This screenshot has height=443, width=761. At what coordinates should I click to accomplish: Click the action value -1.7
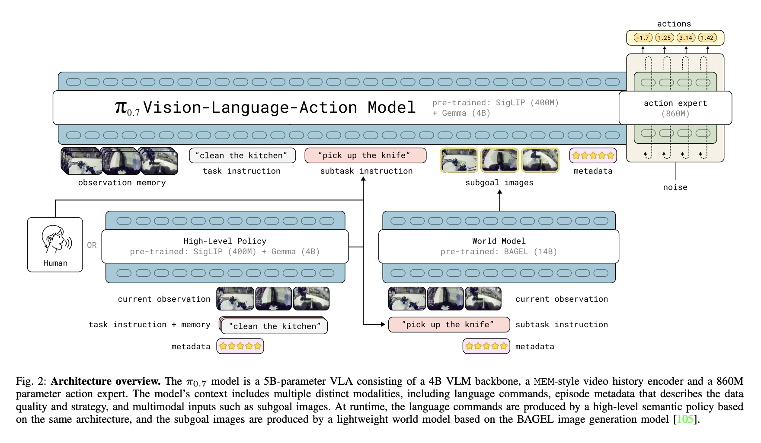click(x=643, y=38)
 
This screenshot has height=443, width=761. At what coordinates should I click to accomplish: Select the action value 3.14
click(x=686, y=38)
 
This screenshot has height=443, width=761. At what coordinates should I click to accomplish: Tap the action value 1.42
click(x=707, y=38)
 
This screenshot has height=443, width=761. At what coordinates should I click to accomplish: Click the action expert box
click(x=675, y=108)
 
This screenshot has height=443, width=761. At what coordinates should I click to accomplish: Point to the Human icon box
click(x=55, y=244)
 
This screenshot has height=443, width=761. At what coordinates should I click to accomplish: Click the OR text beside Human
click(x=92, y=245)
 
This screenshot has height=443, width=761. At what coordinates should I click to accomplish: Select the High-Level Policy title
click(x=225, y=241)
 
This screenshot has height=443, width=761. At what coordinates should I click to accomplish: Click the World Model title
click(x=499, y=241)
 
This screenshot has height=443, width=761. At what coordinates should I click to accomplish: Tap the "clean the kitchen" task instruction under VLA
click(x=242, y=155)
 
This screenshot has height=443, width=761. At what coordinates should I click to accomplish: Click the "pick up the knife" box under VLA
click(x=365, y=155)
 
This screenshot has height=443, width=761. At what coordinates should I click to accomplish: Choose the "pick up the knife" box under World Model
click(x=449, y=325)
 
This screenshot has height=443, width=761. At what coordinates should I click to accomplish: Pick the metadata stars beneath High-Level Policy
click(x=240, y=346)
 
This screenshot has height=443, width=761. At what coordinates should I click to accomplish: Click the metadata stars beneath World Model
click(x=486, y=346)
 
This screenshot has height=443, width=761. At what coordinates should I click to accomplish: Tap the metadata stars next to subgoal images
click(x=593, y=155)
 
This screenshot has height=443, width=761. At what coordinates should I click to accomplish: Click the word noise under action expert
click(x=675, y=187)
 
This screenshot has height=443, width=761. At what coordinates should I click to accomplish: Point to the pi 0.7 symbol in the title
click(x=127, y=108)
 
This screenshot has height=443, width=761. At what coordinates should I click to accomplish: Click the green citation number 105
click(x=685, y=419)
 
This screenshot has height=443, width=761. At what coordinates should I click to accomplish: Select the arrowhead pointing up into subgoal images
click(x=500, y=193)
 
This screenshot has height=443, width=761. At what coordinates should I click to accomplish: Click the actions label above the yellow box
click(x=674, y=24)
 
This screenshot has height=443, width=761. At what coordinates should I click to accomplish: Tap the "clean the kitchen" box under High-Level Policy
click(x=274, y=326)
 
